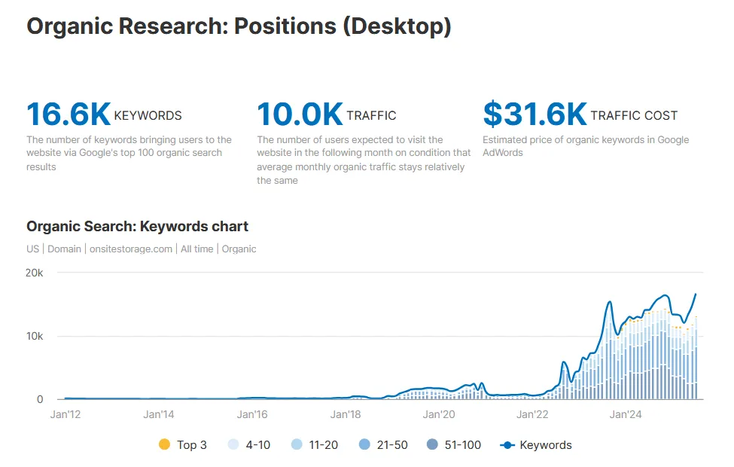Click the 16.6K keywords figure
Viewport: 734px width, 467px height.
(69, 114)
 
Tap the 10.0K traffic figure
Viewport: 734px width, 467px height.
(300, 114)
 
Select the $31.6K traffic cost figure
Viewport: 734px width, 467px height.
(535, 114)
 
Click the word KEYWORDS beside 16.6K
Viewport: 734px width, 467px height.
(148, 116)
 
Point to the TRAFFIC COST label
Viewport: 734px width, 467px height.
(634, 116)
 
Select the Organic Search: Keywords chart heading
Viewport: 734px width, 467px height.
(137, 226)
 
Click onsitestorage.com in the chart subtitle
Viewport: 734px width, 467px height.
(131, 249)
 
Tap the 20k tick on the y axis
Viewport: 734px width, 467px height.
(35, 273)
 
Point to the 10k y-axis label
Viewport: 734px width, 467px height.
(35, 336)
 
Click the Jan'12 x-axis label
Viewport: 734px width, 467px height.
(65, 414)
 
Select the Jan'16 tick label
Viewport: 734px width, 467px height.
(252, 414)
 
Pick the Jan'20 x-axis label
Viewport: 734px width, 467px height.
(439, 414)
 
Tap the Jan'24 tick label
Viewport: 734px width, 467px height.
(626, 414)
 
